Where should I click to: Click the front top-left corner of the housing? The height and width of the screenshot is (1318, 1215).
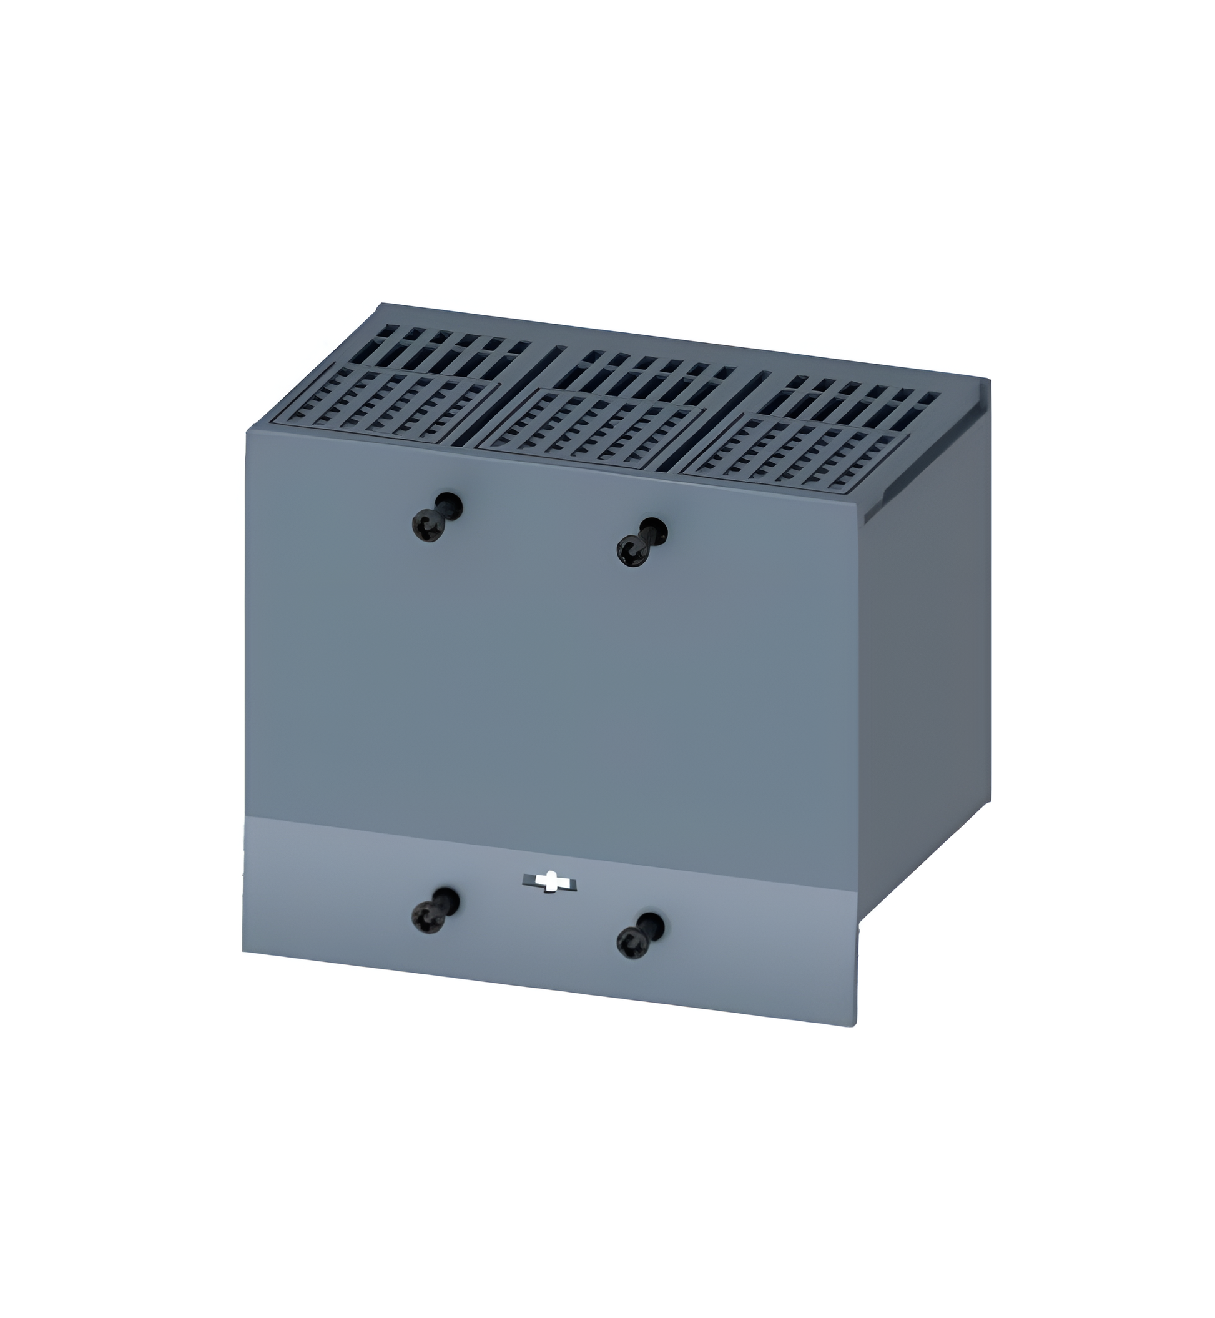pyautogui.click(x=247, y=431)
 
